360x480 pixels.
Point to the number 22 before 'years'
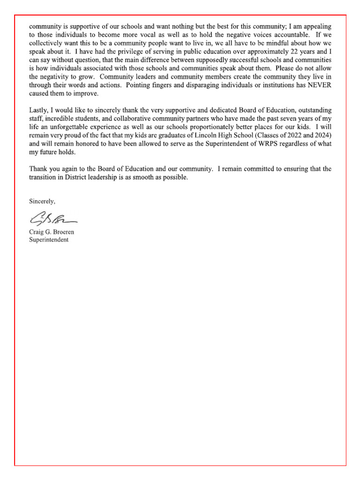click(x=297, y=52)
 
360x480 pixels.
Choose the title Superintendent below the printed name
click(x=49, y=240)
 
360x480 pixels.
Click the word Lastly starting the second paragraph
click(x=39, y=111)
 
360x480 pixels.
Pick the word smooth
click(x=151, y=178)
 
